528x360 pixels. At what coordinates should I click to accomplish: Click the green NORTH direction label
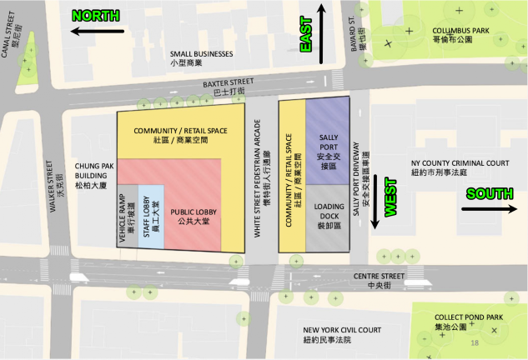tap(97, 15)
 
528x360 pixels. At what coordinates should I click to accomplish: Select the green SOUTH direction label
tap(490, 194)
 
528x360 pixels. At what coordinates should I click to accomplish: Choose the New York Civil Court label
tap(343, 334)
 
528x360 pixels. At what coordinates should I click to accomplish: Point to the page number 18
tap(475, 343)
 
